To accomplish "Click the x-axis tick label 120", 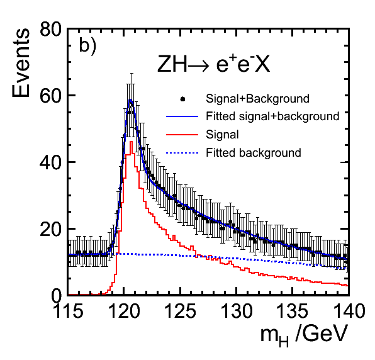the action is click(124, 311).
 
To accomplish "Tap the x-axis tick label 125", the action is click(181, 311).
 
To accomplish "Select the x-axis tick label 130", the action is click(237, 311).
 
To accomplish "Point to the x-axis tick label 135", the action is click(293, 311).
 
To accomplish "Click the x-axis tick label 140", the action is click(349, 311).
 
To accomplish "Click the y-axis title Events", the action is click(21, 63).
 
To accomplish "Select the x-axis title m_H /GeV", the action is click(304, 335).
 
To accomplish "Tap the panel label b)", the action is click(87, 45).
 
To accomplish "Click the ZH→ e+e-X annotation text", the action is click(213, 64).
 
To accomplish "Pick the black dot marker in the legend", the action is click(182, 99).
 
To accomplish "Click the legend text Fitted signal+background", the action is click(272, 116).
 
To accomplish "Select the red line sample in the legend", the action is click(182, 135).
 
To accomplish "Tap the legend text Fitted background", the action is click(254, 152).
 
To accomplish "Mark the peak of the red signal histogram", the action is click(131, 142).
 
